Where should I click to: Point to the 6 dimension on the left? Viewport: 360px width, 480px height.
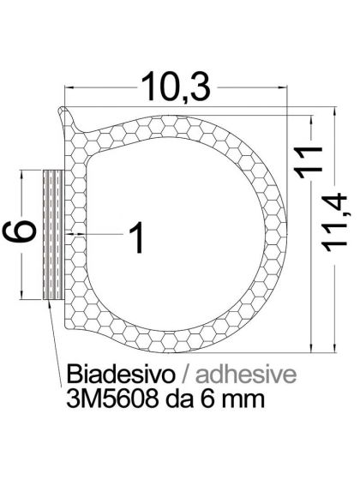[x=25, y=231]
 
